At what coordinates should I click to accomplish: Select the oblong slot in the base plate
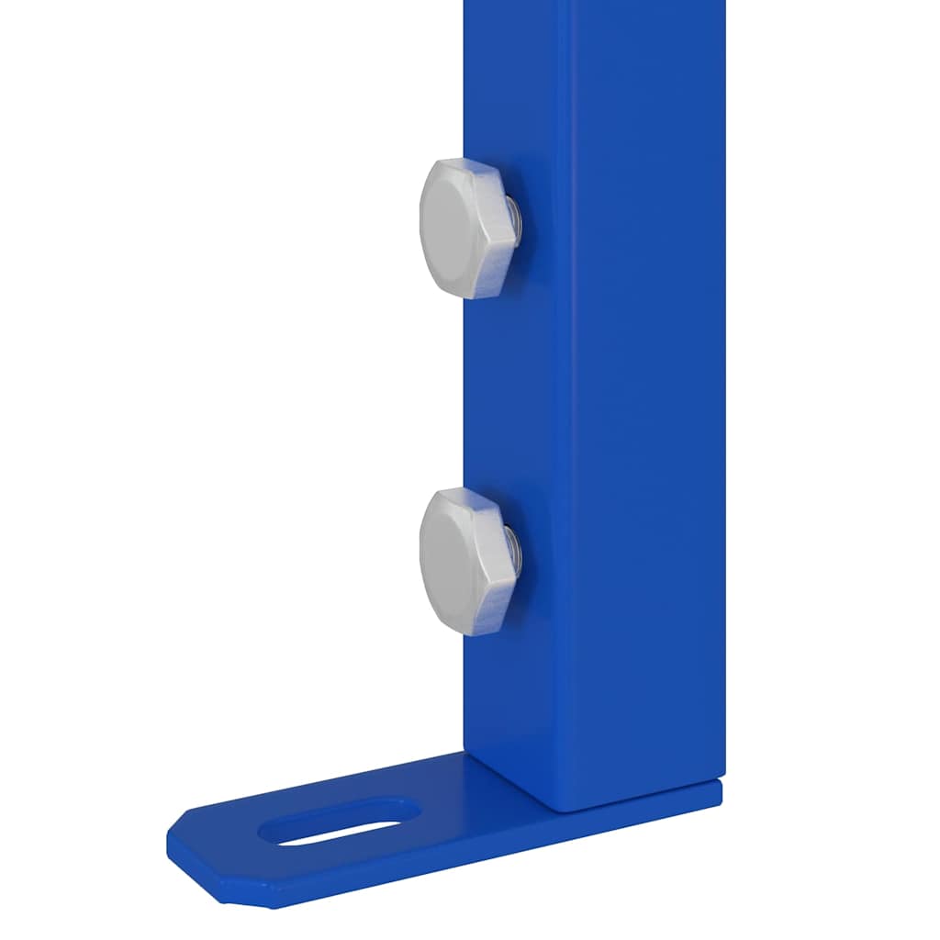tap(340, 822)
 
